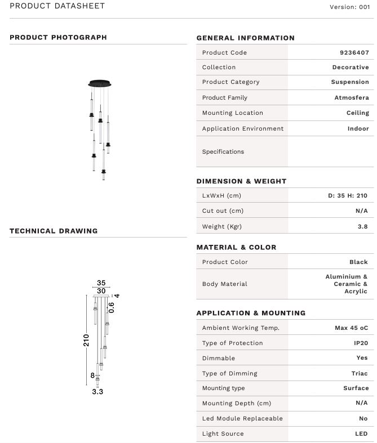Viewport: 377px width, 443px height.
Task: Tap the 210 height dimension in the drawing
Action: tap(87, 341)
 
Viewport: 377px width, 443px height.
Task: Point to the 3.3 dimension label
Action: tap(97, 392)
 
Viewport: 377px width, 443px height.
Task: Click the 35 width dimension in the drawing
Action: tap(101, 283)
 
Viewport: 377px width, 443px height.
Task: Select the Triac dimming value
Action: tap(360, 373)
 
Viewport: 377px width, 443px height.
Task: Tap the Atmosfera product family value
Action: tap(352, 97)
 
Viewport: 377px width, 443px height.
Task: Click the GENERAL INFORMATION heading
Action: tap(245, 38)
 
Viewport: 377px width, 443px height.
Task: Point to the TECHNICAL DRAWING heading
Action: tap(54, 231)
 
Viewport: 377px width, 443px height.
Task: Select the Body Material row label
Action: tap(224, 284)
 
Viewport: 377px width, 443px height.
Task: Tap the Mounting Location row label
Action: tap(232, 113)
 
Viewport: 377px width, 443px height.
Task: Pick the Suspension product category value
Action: tap(349, 82)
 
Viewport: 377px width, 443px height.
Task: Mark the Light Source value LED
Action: tap(361, 433)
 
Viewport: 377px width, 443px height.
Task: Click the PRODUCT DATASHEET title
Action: tap(57, 6)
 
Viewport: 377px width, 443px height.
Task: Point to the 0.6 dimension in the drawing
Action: tap(112, 307)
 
